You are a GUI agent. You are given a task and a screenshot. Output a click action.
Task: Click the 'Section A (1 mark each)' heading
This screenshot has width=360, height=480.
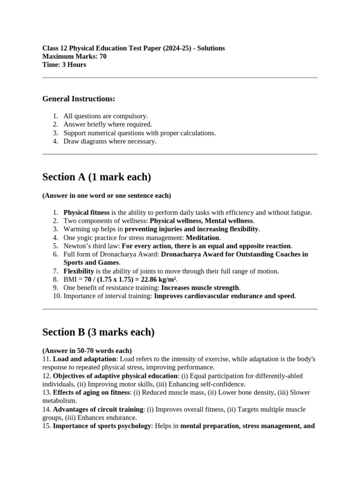tap(97, 177)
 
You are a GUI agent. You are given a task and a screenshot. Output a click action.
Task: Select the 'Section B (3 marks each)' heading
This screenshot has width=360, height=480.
tap(98, 332)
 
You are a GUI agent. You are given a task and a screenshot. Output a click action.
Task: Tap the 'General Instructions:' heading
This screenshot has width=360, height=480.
tap(78, 99)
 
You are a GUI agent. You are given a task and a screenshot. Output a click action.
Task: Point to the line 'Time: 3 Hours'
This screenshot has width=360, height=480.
tap(64, 65)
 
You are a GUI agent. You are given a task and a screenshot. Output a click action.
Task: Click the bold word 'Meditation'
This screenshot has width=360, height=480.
tap(202, 238)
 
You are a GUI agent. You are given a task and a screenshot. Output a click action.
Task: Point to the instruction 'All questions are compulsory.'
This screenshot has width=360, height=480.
tap(105, 116)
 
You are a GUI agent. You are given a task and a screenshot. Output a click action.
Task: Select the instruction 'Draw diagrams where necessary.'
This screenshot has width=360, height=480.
tap(110, 141)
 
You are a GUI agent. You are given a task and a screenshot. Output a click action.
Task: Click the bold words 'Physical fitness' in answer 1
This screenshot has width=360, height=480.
tap(86, 212)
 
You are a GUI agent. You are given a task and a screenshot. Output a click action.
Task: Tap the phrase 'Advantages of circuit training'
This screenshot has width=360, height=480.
tap(98, 409)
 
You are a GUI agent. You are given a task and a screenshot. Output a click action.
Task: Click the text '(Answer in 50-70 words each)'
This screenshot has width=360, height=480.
tap(87, 351)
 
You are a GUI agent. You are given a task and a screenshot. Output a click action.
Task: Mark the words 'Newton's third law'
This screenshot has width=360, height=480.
tap(91, 246)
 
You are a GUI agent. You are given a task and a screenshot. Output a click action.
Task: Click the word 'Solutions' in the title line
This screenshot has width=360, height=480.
tap(207, 48)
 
